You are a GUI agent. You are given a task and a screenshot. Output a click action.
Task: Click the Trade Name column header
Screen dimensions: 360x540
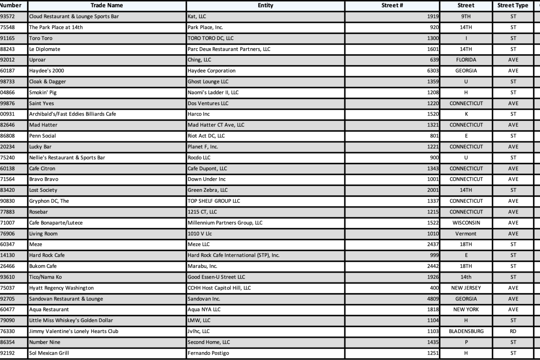click(x=107, y=5)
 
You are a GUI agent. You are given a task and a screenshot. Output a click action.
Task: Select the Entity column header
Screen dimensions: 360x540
click(x=265, y=5)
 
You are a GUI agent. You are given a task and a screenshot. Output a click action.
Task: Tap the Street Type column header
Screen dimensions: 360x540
click(x=513, y=5)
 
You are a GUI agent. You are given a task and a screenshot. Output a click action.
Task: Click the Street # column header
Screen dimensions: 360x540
click(x=392, y=5)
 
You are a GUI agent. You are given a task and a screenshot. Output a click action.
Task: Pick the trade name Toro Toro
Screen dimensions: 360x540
click(x=41, y=38)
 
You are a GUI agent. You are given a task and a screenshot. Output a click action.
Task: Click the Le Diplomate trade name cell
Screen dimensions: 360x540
click(x=45, y=49)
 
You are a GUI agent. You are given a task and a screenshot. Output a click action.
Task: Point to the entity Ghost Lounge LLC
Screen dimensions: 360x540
click(x=208, y=82)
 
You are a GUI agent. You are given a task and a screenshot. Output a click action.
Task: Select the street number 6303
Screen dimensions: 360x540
click(x=433, y=71)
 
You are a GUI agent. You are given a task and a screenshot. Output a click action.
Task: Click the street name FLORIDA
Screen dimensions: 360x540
click(x=466, y=60)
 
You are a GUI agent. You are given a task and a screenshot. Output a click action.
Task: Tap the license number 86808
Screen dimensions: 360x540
click(x=8, y=136)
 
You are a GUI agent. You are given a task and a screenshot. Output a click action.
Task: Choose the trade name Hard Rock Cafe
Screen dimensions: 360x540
click(x=47, y=255)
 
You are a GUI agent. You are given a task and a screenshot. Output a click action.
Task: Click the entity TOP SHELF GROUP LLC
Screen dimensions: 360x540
click(x=214, y=201)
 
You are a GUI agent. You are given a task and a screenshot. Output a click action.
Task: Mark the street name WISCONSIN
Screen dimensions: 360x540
click(x=466, y=223)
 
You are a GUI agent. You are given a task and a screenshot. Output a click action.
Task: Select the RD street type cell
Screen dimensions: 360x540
click(x=513, y=331)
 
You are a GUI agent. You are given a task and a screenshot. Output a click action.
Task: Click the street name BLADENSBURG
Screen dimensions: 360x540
click(x=466, y=331)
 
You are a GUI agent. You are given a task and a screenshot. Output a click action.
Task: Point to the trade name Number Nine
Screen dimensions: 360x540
click(x=45, y=342)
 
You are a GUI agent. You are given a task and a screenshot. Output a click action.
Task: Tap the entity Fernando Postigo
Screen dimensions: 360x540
click(x=208, y=353)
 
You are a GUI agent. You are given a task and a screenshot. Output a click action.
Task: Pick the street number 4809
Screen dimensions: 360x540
click(x=433, y=299)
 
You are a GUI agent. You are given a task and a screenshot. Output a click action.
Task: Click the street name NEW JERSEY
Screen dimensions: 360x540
click(x=466, y=288)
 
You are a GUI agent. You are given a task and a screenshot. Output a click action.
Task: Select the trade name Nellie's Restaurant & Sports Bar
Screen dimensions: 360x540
click(x=67, y=158)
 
